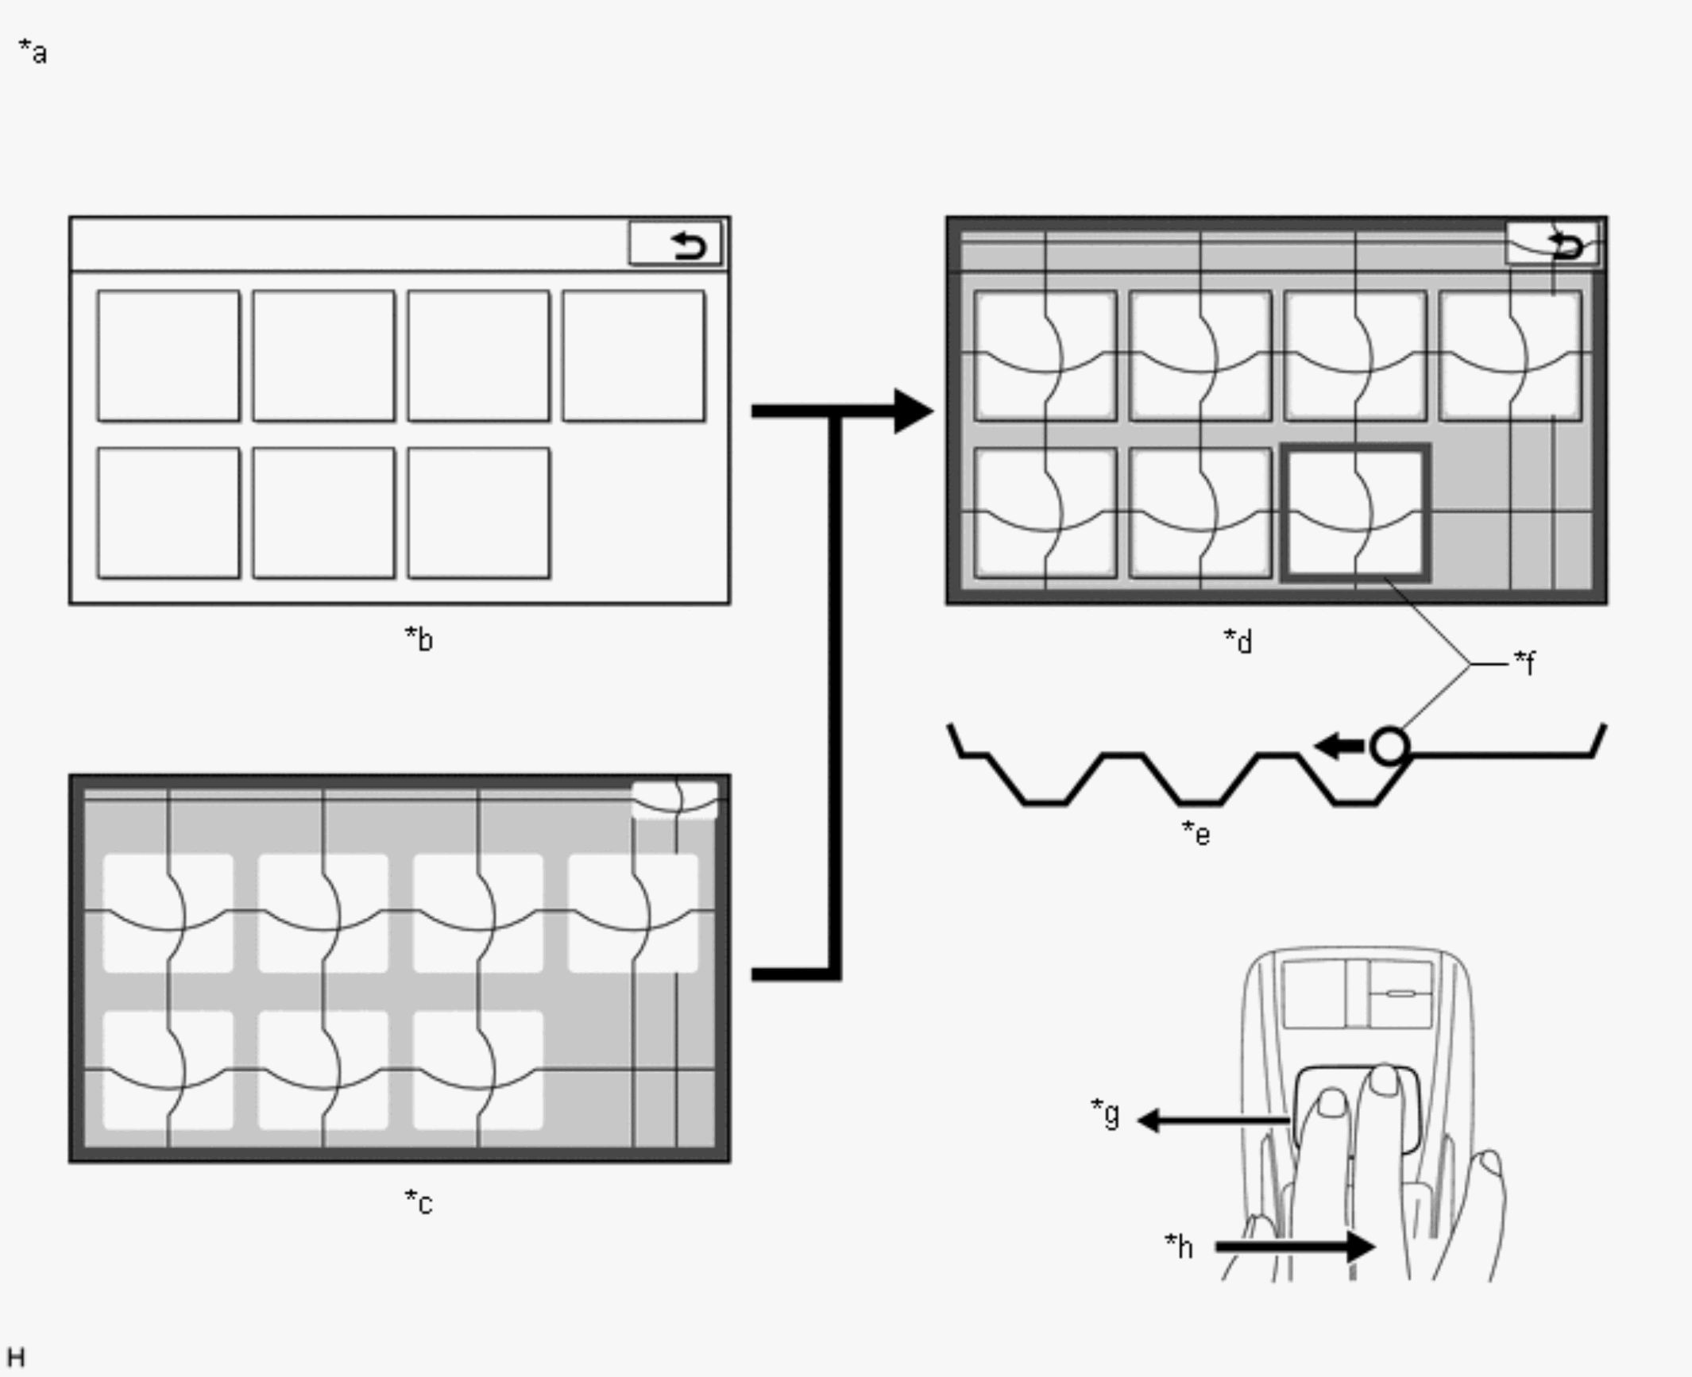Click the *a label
(33, 53)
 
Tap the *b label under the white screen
(419, 638)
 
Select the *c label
(419, 1202)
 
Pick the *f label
(1524, 661)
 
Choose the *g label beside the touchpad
(1105, 1113)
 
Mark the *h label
(1179, 1246)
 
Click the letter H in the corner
(16, 1356)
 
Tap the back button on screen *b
(675, 244)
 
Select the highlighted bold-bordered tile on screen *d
(1356, 513)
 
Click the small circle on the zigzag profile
(1389, 746)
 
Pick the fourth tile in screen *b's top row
(633, 356)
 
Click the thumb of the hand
(1488, 1167)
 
